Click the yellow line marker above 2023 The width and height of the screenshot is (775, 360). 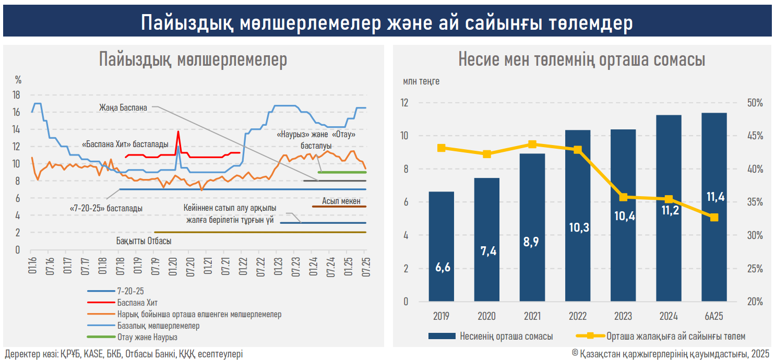point(623,197)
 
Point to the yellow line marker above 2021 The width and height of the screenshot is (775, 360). point(532,145)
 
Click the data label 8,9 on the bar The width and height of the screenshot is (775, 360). point(532,242)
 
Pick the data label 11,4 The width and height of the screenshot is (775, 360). point(714,197)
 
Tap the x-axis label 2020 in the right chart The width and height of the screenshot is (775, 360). point(487,316)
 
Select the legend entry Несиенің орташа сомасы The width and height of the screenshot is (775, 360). point(506,337)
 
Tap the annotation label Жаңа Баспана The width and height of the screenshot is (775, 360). point(123,108)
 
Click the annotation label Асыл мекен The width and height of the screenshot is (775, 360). point(341,201)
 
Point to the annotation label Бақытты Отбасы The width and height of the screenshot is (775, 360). point(144,242)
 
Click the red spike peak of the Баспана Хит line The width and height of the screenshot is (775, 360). point(178,131)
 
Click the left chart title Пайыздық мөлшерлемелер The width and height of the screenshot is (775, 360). point(193,60)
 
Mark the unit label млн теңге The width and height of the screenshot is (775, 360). point(421,82)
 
